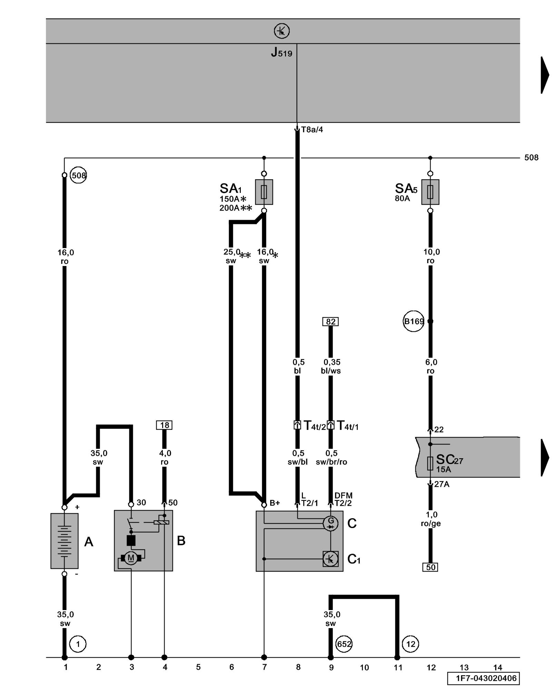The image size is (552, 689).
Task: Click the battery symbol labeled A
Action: (65, 541)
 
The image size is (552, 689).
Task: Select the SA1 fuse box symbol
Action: (264, 192)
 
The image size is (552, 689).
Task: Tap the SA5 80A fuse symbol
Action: (430, 192)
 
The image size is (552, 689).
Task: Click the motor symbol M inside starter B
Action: (131, 558)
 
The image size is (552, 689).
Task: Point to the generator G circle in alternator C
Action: (331, 524)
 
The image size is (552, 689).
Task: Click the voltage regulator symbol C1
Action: (331, 559)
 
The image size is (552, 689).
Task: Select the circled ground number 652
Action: (344, 644)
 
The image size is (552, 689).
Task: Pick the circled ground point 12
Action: (411, 644)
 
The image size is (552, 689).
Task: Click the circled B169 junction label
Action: (413, 321)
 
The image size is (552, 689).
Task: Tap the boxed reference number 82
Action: (331, 321)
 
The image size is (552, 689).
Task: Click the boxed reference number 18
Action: (164, 425)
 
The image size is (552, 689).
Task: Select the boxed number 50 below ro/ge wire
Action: (430, 567)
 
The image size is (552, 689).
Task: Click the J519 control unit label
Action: (282, 52)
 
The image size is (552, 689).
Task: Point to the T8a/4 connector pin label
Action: (312, 130)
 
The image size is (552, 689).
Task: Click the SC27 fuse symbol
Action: (430, 463)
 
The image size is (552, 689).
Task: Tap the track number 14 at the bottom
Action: (497, 667)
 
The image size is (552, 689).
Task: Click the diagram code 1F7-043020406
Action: (483, 678)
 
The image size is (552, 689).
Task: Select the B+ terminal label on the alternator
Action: (275, 503)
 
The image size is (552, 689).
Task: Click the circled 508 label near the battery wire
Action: (78, 175)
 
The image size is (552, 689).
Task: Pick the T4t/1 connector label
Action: (347, 426)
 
